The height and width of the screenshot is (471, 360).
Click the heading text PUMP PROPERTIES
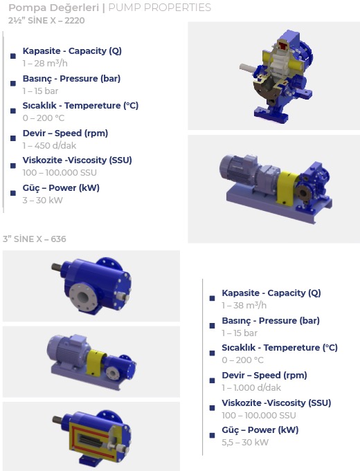coord(159,8)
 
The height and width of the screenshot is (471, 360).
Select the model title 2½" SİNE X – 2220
coord(46,21)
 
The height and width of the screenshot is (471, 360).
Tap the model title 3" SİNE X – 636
coord(35,239)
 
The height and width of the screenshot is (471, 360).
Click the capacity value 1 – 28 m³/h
coord(45,64)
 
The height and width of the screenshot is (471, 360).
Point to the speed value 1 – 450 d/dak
coord(49,146)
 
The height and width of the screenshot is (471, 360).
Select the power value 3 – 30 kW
coord(43,201)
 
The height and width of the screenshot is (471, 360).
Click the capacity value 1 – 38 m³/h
coord(244,306)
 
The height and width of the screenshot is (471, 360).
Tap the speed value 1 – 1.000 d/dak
coord(251,387)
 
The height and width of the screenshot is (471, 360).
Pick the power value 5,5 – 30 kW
coord(245,442)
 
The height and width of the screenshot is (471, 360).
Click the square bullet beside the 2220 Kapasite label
coord(13,56)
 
